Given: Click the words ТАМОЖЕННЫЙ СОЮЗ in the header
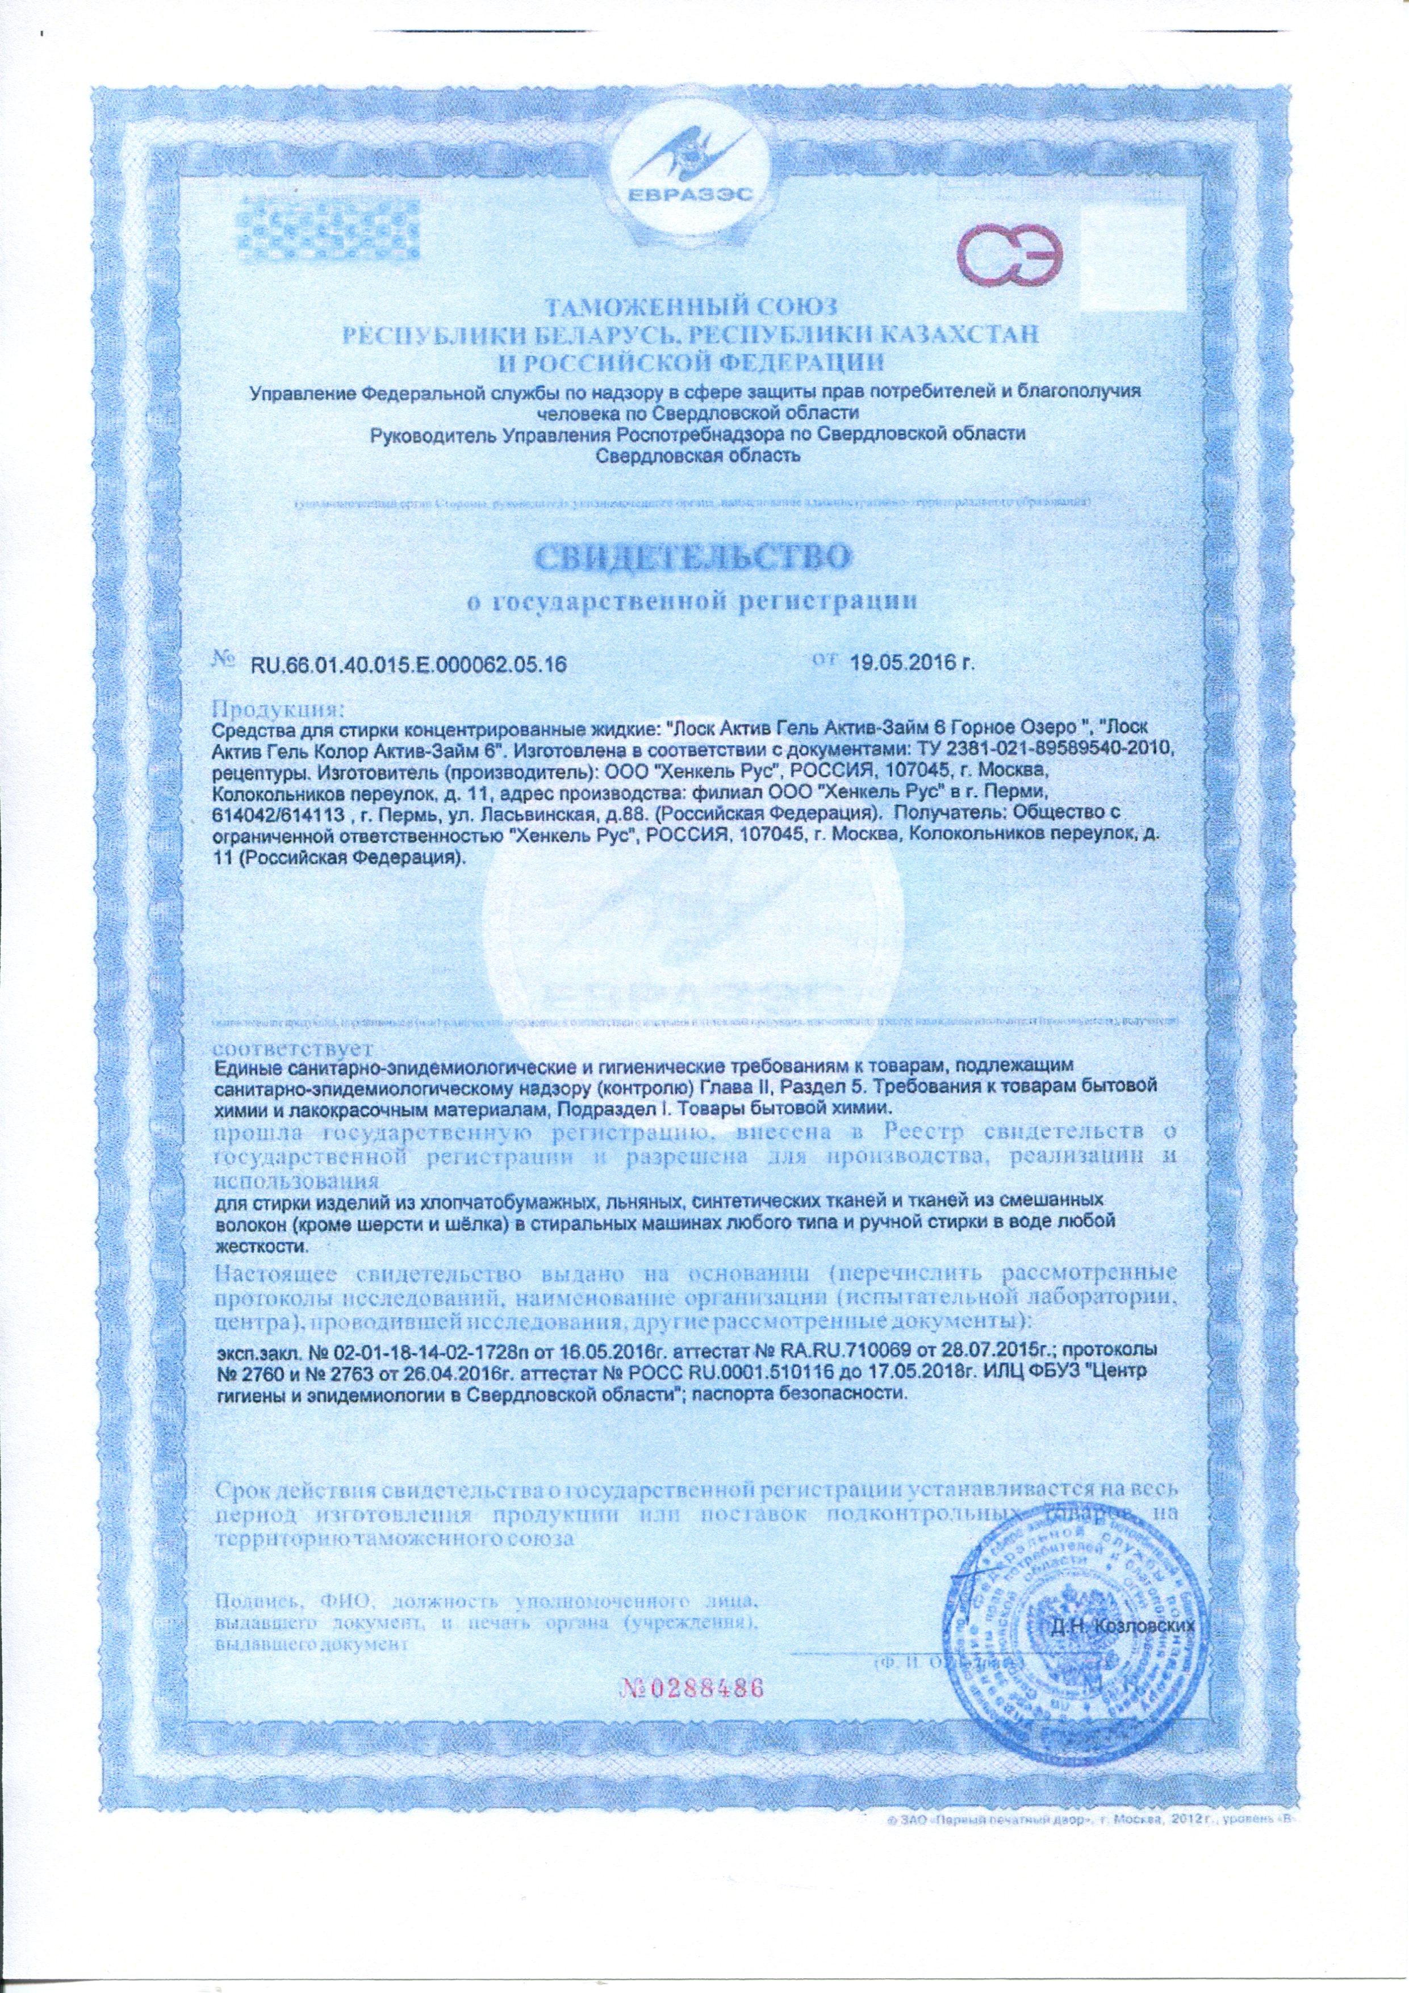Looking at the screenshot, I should pyautogui.click(x=692, y=306).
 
